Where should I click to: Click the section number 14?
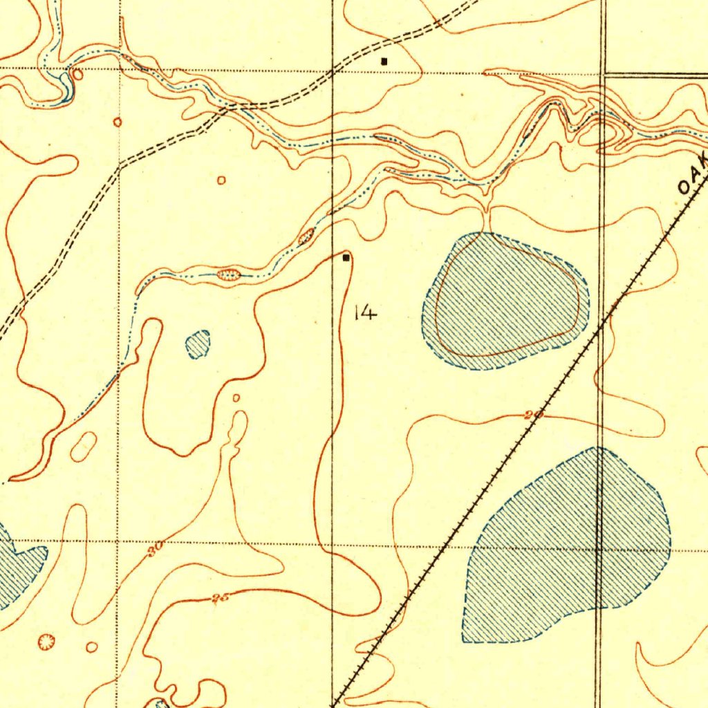[x=365, y=313]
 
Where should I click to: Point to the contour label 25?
[x=221, y=598]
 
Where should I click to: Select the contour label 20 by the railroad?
[x=534, y=416]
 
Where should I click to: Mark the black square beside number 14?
[x=346, y=258]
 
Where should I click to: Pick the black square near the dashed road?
[x=384, y=61]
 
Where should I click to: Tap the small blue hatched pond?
[x=198, y=344]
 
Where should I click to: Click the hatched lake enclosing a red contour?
[x=505, y=301]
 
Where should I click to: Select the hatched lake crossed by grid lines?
[x=567, y=546]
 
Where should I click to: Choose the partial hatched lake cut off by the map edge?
[x=17, y=563]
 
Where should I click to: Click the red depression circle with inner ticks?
[x=46, y=642]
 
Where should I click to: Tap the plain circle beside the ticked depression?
[x=91, y=647]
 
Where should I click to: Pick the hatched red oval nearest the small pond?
[x=228, y=275]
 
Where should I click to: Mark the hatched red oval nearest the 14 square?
[x=306, y=237]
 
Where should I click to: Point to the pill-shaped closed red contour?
[x=83, y=447]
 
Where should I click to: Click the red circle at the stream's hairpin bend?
[x=77, y=74]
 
